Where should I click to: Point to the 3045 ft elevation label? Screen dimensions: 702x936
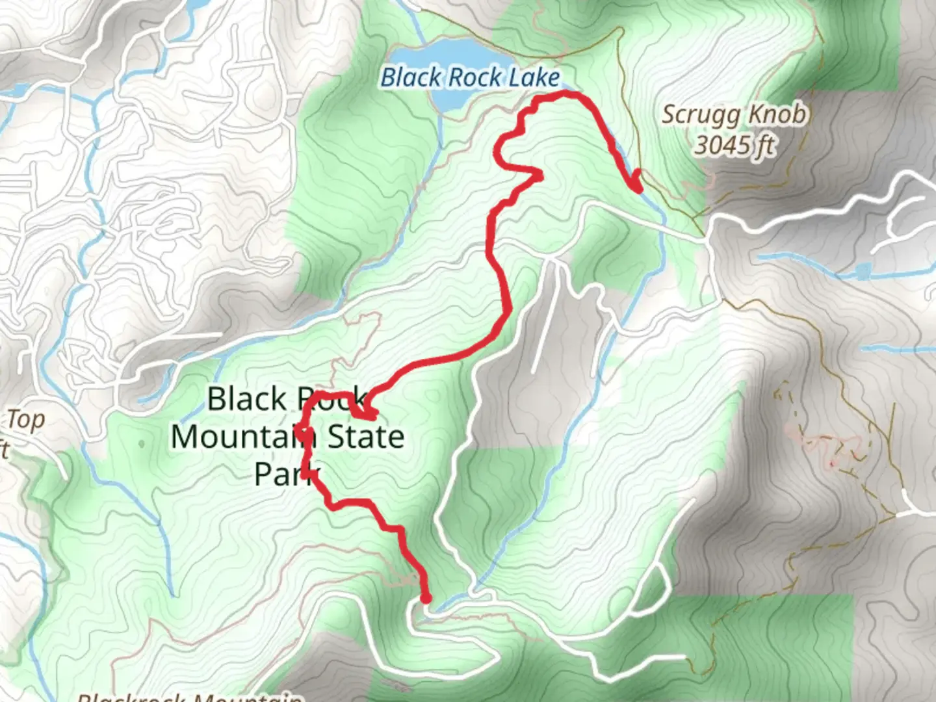coord(734,144)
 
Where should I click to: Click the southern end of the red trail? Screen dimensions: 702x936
coord(426,599)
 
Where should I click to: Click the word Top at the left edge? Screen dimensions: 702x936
coord(26,420)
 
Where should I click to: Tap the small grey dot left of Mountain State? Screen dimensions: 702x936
coord(142,444)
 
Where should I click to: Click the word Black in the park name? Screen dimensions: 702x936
coord(247,398)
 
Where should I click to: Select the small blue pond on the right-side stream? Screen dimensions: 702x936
coord(863,270)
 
